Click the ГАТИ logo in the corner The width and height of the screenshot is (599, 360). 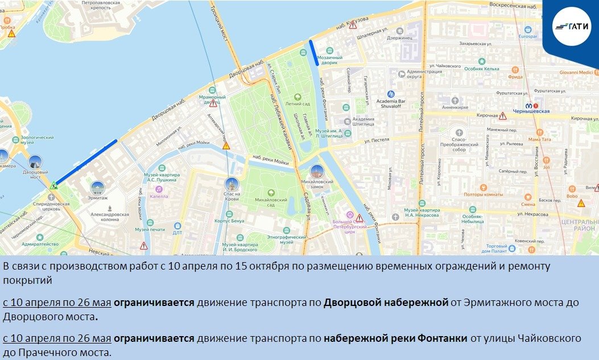(x=572, y=25)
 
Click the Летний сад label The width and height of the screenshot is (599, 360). (x=293, y=104)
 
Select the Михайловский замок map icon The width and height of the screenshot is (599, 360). (x=317, y=170)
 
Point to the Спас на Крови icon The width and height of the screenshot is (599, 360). (x=231, y=184)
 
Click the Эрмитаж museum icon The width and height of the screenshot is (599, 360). (x=98, y=188)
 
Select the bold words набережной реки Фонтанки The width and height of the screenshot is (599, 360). (x=395, y=339)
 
